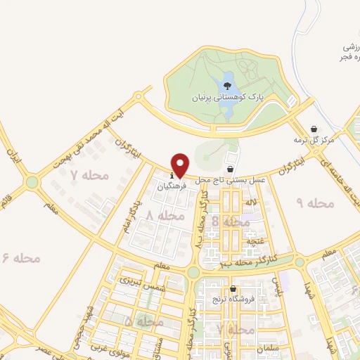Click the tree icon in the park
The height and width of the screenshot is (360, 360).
point(226,86)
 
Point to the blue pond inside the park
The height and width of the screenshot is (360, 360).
point(229,77)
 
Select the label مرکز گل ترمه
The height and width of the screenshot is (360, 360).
point(314,141)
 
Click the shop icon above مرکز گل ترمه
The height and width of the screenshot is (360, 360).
point(314,129)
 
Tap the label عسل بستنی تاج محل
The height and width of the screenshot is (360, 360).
point(233,181)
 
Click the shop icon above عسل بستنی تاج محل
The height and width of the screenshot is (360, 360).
point(231,169)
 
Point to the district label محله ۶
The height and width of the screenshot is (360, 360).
point(22,258)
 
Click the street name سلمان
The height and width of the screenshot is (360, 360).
point(269,348)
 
